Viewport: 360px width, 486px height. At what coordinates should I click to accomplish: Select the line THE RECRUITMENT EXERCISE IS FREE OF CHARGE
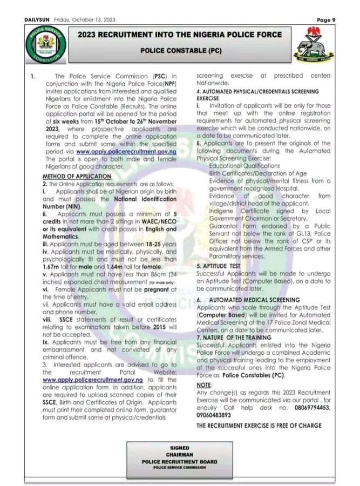259,426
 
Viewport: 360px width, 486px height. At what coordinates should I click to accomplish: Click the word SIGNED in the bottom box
179,448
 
